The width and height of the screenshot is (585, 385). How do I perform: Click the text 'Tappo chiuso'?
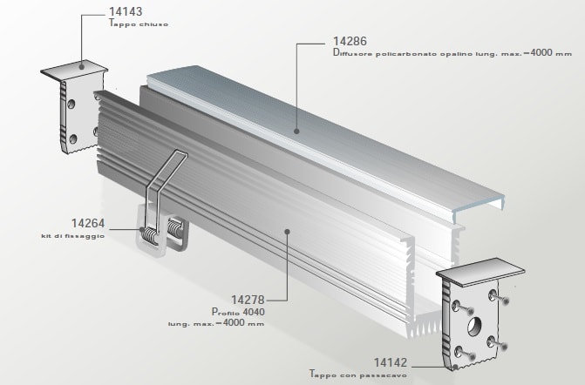pos(139,24)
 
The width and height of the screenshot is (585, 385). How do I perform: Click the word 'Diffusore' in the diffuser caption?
pos(354,53)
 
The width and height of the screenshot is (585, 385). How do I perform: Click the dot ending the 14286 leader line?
pos(296,130)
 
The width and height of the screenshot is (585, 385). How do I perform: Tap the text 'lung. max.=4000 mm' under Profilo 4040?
pos(216,323)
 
